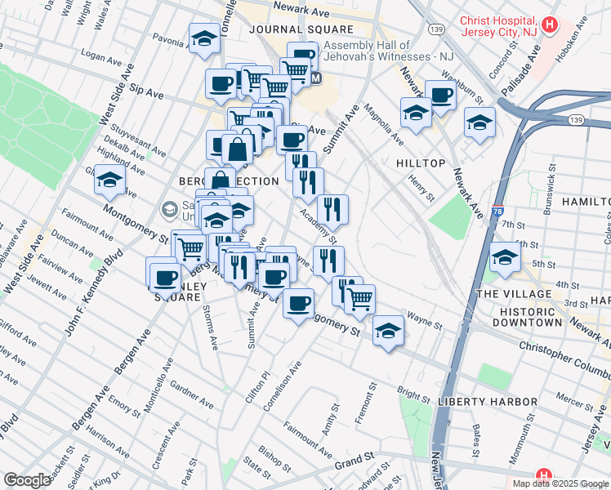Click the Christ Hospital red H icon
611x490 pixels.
tap(550, 25)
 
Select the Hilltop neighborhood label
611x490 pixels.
tap(420, 163)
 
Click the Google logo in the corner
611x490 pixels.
tap(26, 480)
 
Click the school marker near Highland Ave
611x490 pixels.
tap(109, 180)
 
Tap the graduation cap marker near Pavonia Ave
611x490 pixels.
tap(203, 38)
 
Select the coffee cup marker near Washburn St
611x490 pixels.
tap(440, 94)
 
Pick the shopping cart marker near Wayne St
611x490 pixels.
tap(359, 299)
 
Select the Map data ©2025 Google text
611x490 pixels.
tap(560, 483)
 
